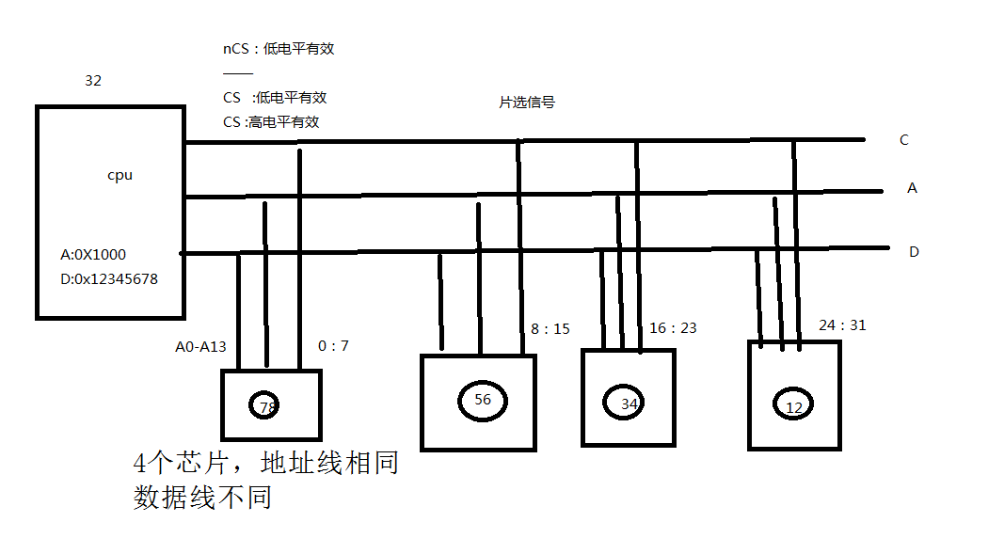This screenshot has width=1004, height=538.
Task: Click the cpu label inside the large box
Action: tap(120, 175)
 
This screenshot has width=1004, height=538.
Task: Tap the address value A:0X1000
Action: tap(93, 255)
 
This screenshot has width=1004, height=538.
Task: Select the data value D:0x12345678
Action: tap(109, 279)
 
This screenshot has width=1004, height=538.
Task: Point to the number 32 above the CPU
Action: tap(93, 81)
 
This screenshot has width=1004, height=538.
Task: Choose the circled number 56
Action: tap(483, 401)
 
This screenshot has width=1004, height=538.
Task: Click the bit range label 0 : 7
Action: tap(334, 346)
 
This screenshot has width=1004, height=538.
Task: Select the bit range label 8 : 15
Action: tap(550, 329)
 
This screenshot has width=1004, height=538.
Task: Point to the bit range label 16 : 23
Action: tap(673, 328)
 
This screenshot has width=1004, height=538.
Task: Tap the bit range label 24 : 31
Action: tap(843, 325)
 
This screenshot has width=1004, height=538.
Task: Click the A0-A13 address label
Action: tap(201, 347)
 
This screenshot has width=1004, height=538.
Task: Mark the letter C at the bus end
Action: tap(904, 140)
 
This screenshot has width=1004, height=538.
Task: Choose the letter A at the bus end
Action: tap(913, 188)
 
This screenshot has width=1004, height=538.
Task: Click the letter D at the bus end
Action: tap(915, 252)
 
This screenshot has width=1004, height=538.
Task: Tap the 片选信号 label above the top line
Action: tap(527, 103)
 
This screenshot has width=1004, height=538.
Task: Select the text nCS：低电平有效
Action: tap(279, 49)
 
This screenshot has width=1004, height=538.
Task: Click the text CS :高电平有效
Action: tap(271, 122)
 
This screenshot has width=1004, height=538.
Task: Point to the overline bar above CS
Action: tap(238, 73)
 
